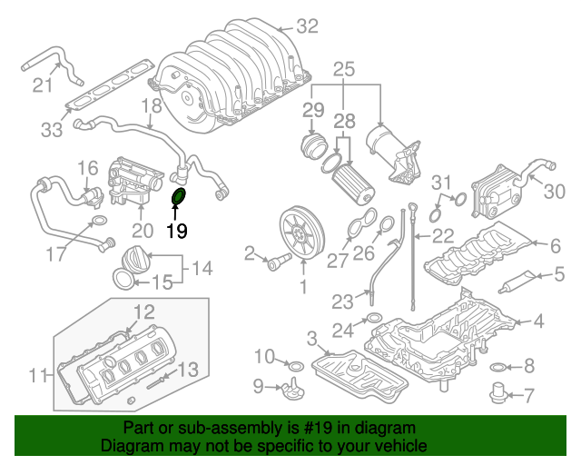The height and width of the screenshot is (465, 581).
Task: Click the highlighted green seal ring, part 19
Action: coord(179,198)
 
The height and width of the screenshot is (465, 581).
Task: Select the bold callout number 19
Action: coord(176,231)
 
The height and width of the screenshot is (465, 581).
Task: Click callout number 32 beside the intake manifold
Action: coord(307,27)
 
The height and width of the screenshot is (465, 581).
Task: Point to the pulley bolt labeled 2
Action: coord(272,262)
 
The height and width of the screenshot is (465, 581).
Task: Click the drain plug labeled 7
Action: coord(498,394)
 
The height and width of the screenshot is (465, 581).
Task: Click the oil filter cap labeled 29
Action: coord(314,146)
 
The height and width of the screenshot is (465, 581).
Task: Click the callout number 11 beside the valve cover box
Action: coord(36,373)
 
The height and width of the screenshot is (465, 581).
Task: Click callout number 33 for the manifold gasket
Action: coord(51,130)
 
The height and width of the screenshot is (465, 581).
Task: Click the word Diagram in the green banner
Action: coord(130,447)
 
